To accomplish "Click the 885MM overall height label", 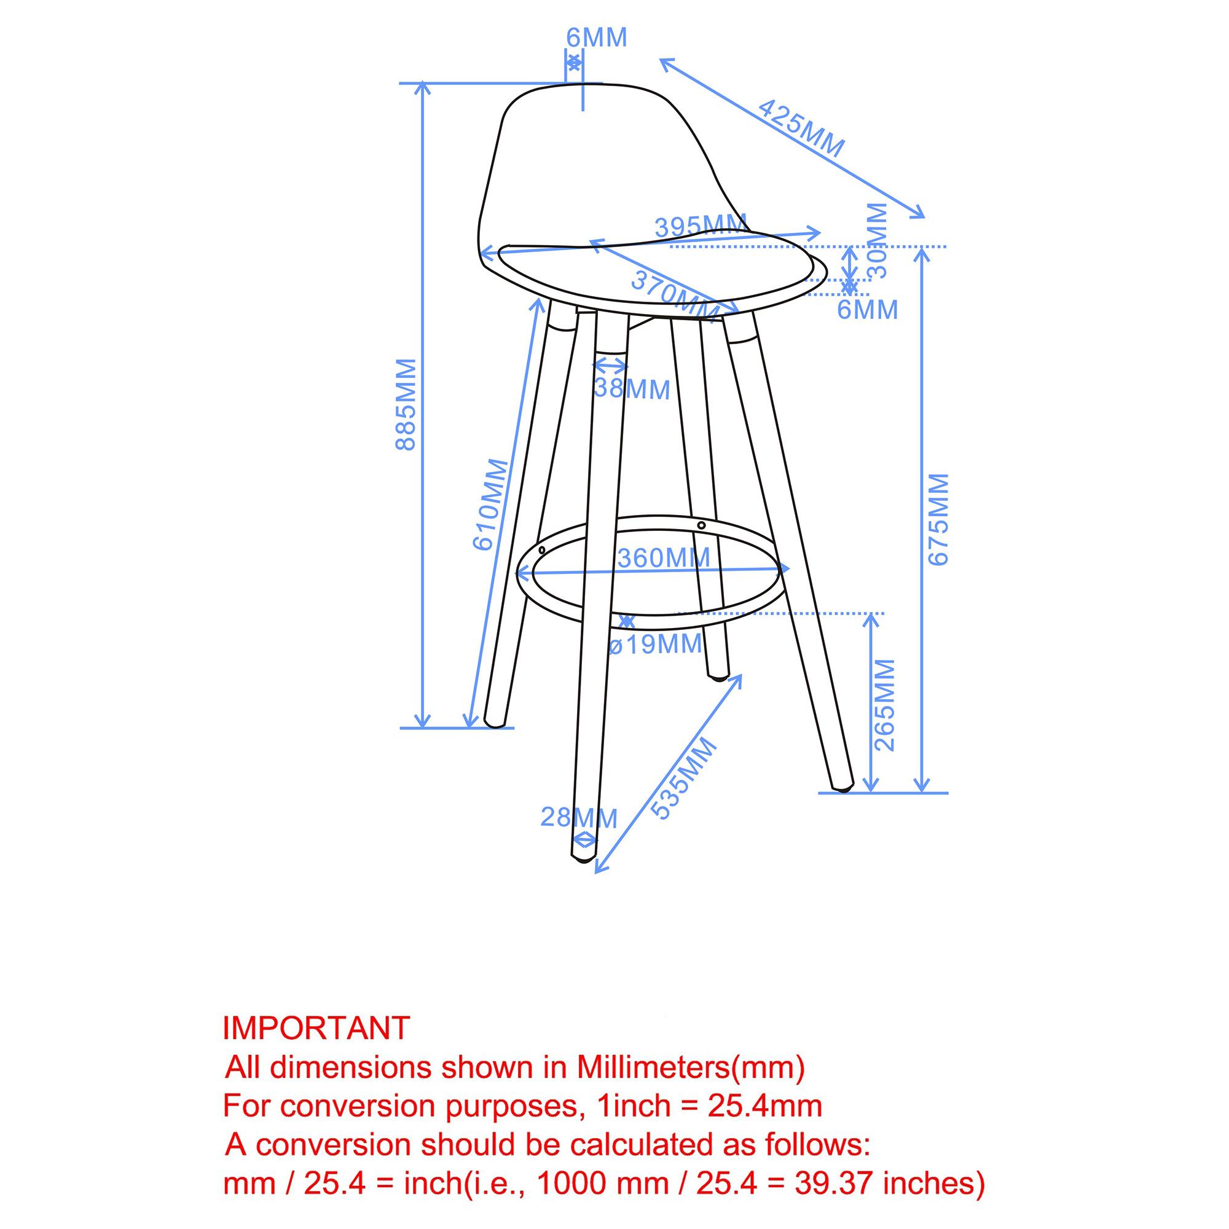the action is pos(406,404).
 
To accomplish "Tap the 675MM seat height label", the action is pos(938,519).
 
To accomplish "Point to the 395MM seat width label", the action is pos(701,227).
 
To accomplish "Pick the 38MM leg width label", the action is pos(632,390).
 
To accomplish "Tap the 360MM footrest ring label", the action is pos(664,558).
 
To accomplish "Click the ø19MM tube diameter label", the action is pos(655,645).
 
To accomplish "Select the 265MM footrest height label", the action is pos(885,704).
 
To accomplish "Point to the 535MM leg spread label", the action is pos(684,779).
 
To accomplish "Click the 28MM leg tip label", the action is pos(579,817).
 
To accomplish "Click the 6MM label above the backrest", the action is pos(597,37).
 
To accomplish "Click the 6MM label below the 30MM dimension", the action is pos(868,310).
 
